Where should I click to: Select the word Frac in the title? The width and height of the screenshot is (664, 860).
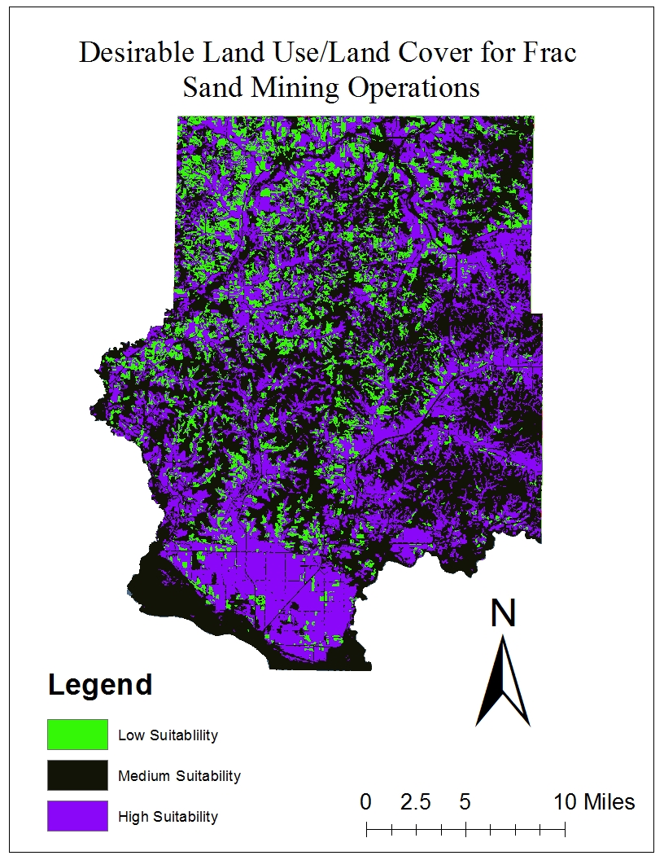(x=549, y=54)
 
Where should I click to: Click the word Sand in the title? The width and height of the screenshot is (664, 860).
(x=212, y=87)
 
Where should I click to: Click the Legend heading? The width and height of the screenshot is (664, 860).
(x=100, y=685)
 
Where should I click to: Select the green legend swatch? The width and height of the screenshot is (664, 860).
(x=77, y=735)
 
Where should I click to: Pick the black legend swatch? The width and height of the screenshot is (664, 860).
(x=77, y=775)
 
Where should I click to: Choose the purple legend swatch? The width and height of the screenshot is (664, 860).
(x=77, y=816)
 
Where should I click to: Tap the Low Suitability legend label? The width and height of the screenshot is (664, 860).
(x=168, y=735)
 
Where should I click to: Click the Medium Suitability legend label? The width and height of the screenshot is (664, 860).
(x=179, y=776)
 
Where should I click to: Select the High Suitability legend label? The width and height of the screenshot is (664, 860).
(x=168, y=817)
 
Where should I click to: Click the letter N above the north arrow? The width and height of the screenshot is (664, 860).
(x=504, y=614)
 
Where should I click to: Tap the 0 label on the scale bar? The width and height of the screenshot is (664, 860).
(x=365, y=802)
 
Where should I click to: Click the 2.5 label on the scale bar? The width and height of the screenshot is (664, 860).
(x=415, y=802)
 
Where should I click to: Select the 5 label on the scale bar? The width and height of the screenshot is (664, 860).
(x=465, y=802)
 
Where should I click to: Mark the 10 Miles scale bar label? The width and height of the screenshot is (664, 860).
(x=594, y=802)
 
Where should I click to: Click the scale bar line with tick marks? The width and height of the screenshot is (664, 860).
(x=465, y=831)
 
